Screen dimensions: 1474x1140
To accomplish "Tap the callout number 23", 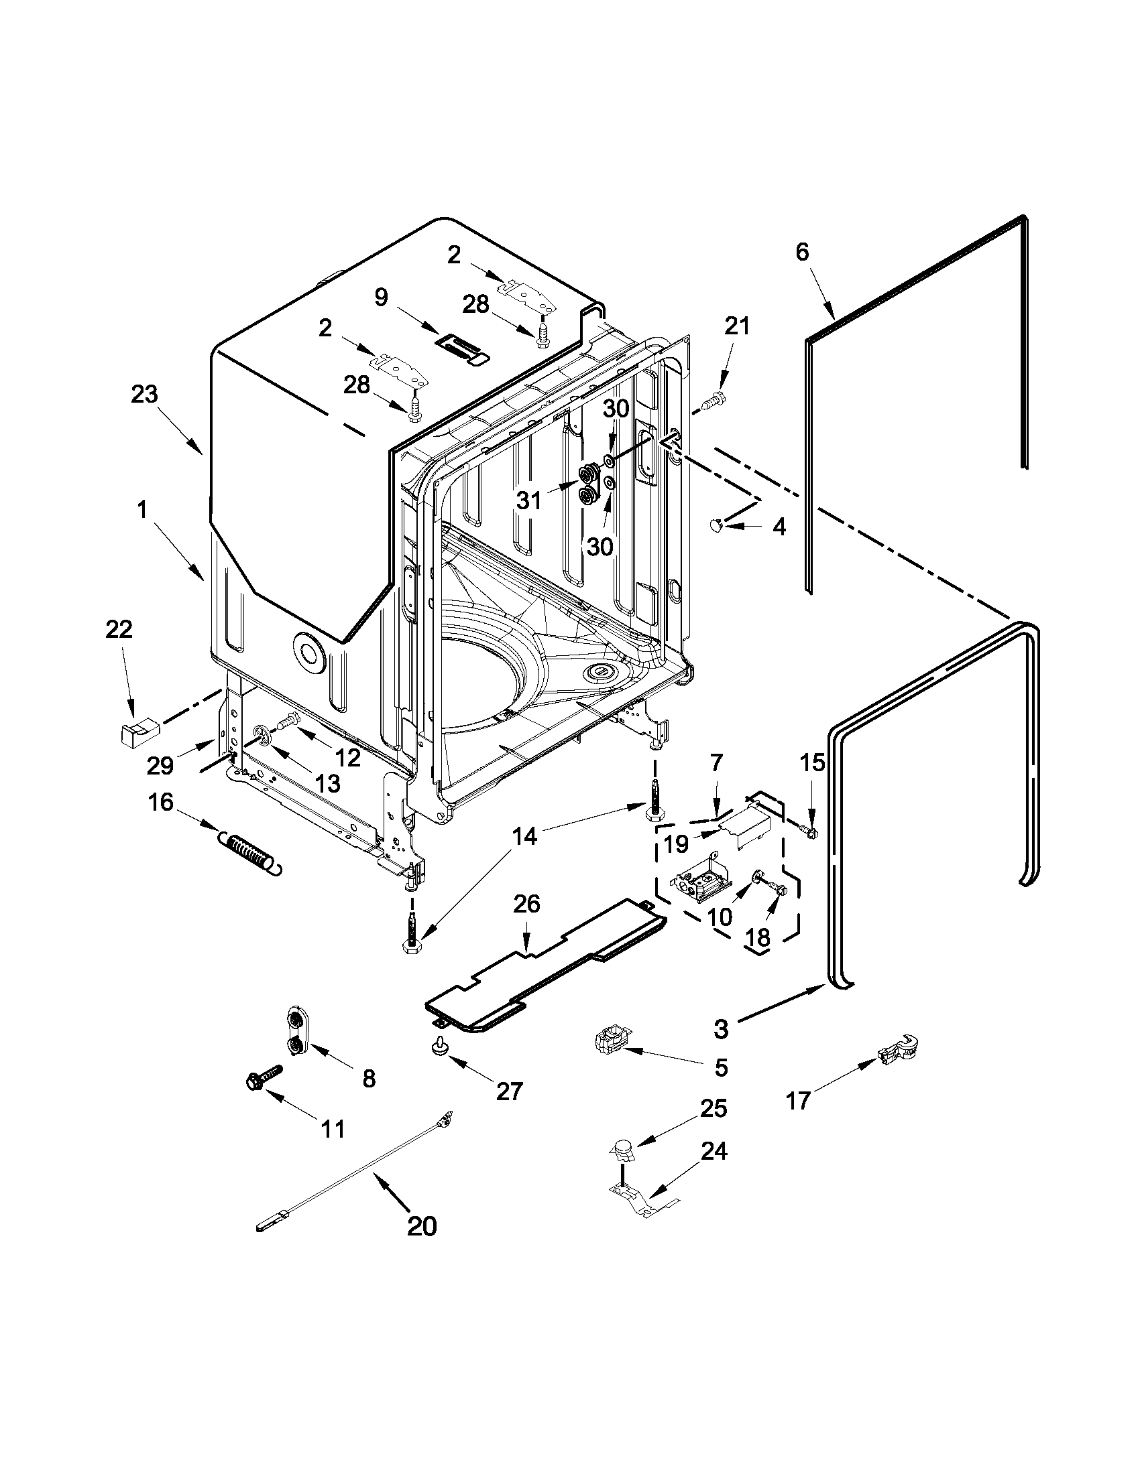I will click(144, 394).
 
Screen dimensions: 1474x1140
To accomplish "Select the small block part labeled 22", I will click(136, 731).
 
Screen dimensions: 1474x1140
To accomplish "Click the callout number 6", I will click(801, 252).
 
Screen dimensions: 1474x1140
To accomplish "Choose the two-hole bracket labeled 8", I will click(297, 1030).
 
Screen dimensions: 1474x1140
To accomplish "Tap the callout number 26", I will click(526, 904).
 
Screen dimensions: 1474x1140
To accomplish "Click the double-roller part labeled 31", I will click(589, 484).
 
